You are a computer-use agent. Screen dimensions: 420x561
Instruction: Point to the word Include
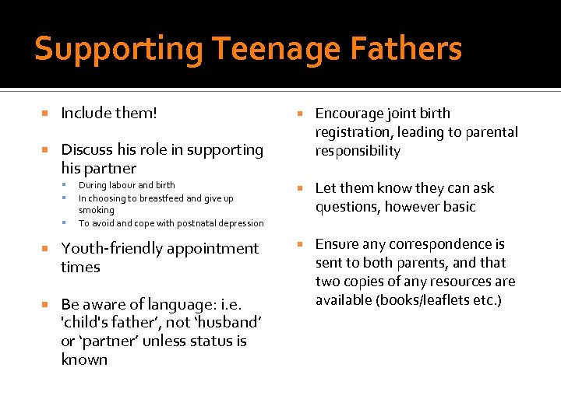(x=86, y=114)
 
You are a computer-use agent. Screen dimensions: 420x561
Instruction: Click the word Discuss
(x=87, y=149)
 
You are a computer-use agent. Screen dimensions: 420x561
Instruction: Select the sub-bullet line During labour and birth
(x=126, y=185)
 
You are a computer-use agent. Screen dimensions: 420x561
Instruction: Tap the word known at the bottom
(x=84, y=359)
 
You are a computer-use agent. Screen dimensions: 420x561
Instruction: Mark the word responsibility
(x=358, y=151)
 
